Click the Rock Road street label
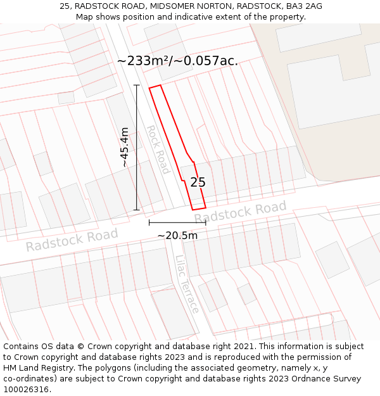(x=158, y=150)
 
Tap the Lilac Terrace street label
(x=187, y=284)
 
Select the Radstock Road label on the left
(x=72, y=240)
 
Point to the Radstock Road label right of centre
(x=240, y=212)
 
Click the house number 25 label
(x=198, y=182)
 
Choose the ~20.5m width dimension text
(x=177, y=236)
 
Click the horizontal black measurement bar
(x=177, y=223)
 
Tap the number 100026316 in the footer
(x=26, y=390)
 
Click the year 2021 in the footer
(x=244, y=347)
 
